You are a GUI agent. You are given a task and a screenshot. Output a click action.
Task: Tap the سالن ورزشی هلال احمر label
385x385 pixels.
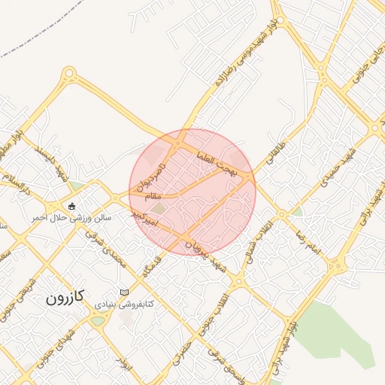point(71,217)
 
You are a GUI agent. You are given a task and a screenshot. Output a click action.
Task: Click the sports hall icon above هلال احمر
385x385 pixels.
point(71,206)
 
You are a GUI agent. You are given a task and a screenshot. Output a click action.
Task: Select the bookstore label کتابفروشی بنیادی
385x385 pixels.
point(124,304)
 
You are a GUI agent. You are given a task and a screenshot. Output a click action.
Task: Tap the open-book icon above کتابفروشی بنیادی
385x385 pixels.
point(124,293)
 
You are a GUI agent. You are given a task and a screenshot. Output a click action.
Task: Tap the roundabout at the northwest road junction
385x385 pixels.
point(70,74)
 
